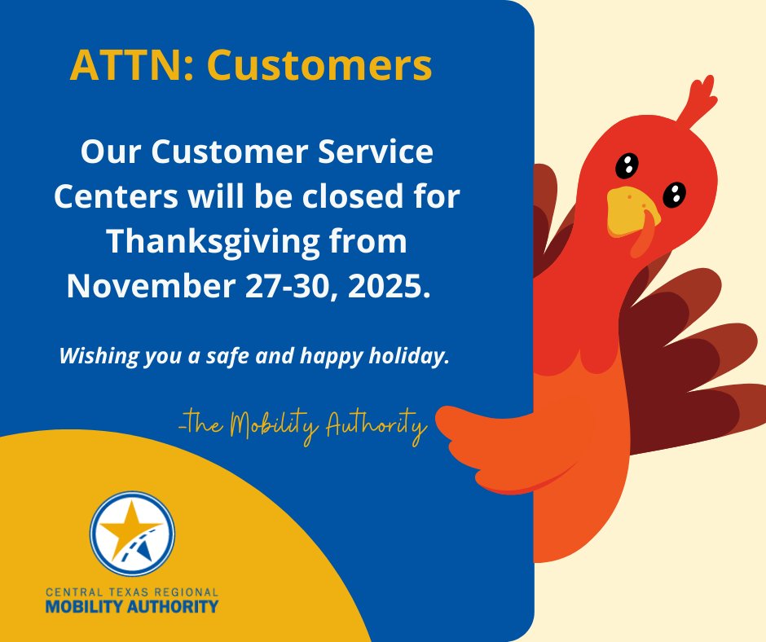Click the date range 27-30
[x=294, y=285]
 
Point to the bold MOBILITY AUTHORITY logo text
[x=132, y=606]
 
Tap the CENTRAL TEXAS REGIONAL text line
[x=132, y=591]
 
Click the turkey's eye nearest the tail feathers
[x=674, y=194]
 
